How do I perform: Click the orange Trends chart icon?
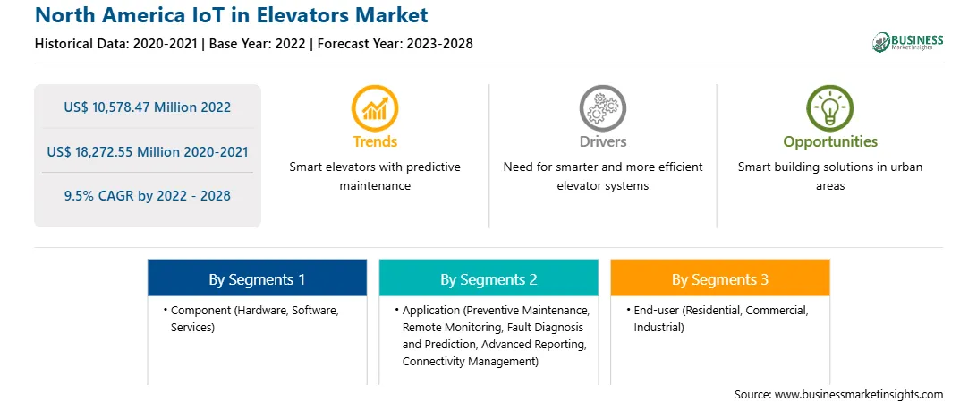375,107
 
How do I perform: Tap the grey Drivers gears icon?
602,107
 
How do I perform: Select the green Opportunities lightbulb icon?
830,107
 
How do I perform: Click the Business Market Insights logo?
908,42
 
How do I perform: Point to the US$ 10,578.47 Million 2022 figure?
147,107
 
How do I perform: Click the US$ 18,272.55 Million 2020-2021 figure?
147,151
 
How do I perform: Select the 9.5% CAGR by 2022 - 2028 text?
147,196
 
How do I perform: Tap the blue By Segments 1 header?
257,279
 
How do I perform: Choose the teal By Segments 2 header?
488,279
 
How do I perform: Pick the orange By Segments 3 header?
720,279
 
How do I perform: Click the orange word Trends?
375,141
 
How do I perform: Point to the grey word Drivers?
603,141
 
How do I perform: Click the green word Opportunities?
830,142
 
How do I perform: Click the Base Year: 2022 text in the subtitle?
259,44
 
